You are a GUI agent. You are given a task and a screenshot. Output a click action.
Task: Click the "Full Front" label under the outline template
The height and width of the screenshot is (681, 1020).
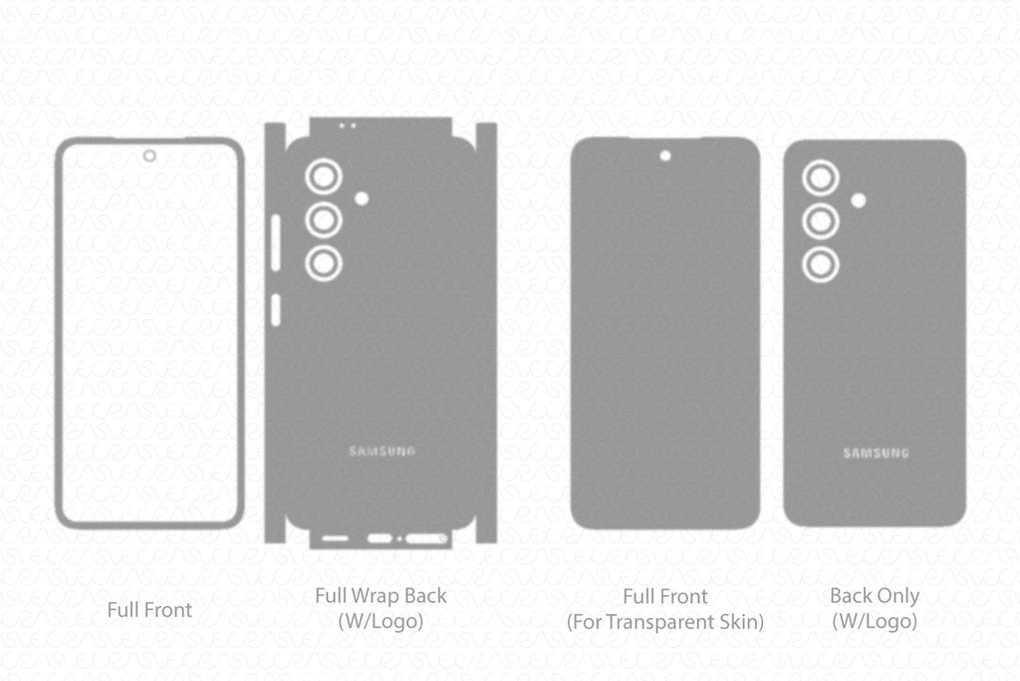pyautogui.click(x=149, y=609)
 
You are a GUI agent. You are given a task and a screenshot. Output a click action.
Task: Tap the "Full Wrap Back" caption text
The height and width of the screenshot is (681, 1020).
pyautogui.click(x=381, y=596)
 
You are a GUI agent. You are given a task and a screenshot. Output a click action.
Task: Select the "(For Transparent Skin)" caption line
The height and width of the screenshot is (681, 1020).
pyautogui.click(x=665, y=622)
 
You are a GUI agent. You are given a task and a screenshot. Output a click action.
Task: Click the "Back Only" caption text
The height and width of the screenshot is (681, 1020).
pyautogui.click(x=875, y=596)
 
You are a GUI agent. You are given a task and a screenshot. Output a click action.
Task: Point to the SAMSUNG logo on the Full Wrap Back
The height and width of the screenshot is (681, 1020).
pyautogui.click(x=382, y=452)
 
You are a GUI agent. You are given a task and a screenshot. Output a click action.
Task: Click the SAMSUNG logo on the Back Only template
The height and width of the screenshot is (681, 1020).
pyautogui.click(x=876, y=454)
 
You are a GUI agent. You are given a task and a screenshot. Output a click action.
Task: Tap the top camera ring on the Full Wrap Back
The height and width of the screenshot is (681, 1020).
pyautogui.click(x=324, y=176)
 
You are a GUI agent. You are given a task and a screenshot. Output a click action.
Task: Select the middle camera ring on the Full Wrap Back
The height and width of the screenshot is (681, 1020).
pyautogui.click(x=324, y=219)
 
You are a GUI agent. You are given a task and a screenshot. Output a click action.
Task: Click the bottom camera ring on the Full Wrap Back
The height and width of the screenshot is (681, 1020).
pyautogui.click(x=324, y=263)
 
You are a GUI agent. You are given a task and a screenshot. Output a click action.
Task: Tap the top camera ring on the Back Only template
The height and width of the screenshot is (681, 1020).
pyautogui.click(x=821, y=178)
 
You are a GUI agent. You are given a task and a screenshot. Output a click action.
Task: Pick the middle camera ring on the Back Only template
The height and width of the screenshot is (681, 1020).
pyautogui.click(x=821, y=221)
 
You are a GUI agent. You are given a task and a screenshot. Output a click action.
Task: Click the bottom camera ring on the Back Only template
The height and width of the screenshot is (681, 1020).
pyautogui.click(x=821, y=264)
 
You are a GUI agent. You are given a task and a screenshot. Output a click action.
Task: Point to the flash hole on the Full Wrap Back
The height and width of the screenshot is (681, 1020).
pyautogui.click(x=362, y=198)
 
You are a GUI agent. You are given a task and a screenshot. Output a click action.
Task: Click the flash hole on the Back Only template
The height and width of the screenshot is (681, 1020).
pyautogui.click(x=858, y=200)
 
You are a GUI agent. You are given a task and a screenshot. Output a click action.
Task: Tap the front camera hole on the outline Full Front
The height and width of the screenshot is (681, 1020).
pyautogui.click(x=149, y=156)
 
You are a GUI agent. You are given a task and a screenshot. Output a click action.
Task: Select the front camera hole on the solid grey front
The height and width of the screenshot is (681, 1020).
pyautogui.click(x=664, y=156)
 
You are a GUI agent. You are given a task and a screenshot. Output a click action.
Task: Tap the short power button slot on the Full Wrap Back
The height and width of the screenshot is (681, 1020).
pyautogui.click(x=276, y=310)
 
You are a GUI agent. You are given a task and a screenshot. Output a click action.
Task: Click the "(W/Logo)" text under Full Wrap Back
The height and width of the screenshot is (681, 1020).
pyautogui.click(x=381, y=621)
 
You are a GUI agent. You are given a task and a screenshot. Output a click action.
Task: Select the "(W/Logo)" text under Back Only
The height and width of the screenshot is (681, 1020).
pyautogui.click(x=875, y=621)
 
